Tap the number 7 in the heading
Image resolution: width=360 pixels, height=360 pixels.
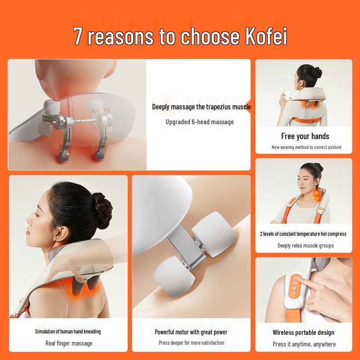pyautogui.click(x=78, y=36)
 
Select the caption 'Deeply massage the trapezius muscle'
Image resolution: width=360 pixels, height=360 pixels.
pyautogui.click(x=201, y=107)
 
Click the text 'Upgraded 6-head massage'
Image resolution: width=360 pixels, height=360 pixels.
pyautogui.click(x=199, y=121)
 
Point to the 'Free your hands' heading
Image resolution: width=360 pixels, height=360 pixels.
pyautogui.click(x=305, y=136)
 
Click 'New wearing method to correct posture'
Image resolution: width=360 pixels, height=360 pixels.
pyautogui.click(x=306, y=147)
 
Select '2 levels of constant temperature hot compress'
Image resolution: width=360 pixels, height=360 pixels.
pyautogui.click(x=303, y=234)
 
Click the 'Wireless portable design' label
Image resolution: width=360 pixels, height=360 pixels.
pyautogui.click(x=303, y=333)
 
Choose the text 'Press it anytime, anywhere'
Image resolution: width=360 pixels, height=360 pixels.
pyautogui.click(x=304, y=344)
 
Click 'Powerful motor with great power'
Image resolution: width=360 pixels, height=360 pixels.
pyautogui.click(x=191, y=332)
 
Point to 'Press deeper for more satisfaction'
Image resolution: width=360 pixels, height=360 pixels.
pyautogui.click(x=191, y=343)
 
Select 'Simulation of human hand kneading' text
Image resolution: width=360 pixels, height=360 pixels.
pyautogui.click(x=68, y=332)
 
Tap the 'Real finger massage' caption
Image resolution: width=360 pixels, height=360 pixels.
pyautogui.click(x=69, y=343)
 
